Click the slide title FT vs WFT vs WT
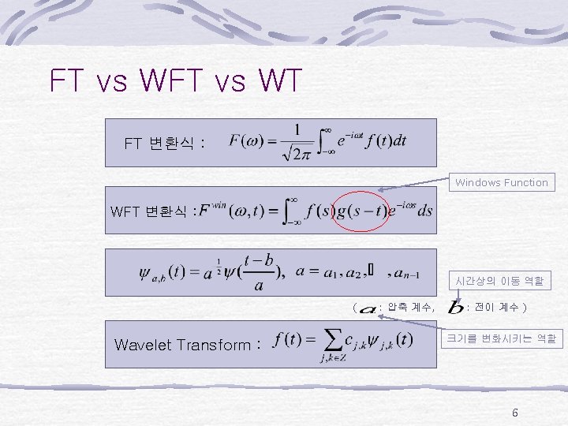pyautogui.click(x=175, y=81)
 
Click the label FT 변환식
pyautogui.click(x=165, y=144)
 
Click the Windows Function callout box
pyautogui.click(x=501, y=182)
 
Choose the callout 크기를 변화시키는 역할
pyautogui.click(x=501, y=338)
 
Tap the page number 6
pyautogui.click(x=514, y=413)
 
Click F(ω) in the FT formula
pyautogui.click(x=246, y=141)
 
